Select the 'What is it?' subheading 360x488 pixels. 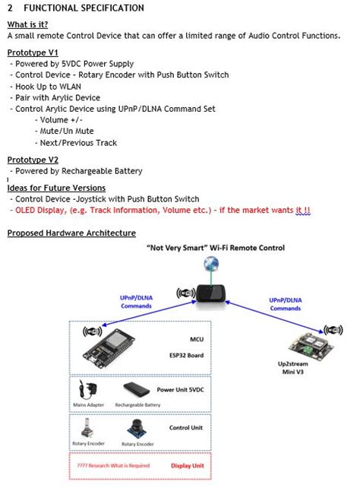pyautogui.click(x=27, y=24)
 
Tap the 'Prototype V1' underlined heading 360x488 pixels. pyautogui.click(x=33, y=52)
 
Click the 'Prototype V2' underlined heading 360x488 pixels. pyautogui.click(x=33, y=160)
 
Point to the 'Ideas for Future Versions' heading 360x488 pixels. pyautogui.click(x=56, y=188)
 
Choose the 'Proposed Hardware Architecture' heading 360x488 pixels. pyautogui.click(x=71, y=233)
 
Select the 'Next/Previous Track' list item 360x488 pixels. pyautogui.click(x=78, y=142)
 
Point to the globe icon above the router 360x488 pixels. pyautogui.click(x=210, y=264)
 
